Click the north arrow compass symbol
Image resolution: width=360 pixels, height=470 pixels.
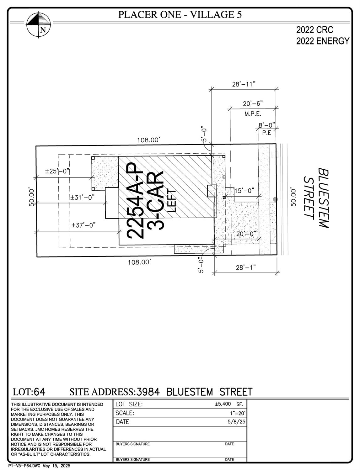click(39, 24)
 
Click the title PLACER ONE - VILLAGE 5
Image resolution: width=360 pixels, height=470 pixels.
click(180, 14)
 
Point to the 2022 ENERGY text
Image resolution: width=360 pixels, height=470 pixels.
click(323, 41)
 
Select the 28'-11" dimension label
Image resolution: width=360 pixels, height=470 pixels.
click(244, 84)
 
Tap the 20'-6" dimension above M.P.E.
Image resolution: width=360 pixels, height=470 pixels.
click(253, 103)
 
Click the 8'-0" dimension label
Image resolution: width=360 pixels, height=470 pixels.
click(267, 125)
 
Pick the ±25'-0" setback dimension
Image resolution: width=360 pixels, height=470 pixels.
click(57, 171)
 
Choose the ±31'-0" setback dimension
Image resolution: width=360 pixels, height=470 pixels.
click(82, 198)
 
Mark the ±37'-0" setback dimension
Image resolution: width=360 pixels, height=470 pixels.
click(83, 225)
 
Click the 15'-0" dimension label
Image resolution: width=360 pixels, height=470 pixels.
click(244, 191)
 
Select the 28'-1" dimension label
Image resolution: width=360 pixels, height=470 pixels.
click(246, 267)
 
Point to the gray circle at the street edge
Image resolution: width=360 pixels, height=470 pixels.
click(275, 199)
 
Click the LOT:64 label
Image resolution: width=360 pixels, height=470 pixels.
click(29, 392)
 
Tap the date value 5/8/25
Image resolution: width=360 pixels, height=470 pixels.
click(236, 422)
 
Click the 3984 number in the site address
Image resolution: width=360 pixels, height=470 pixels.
click(148, 392)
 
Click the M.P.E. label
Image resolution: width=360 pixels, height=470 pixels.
click(253, 114)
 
